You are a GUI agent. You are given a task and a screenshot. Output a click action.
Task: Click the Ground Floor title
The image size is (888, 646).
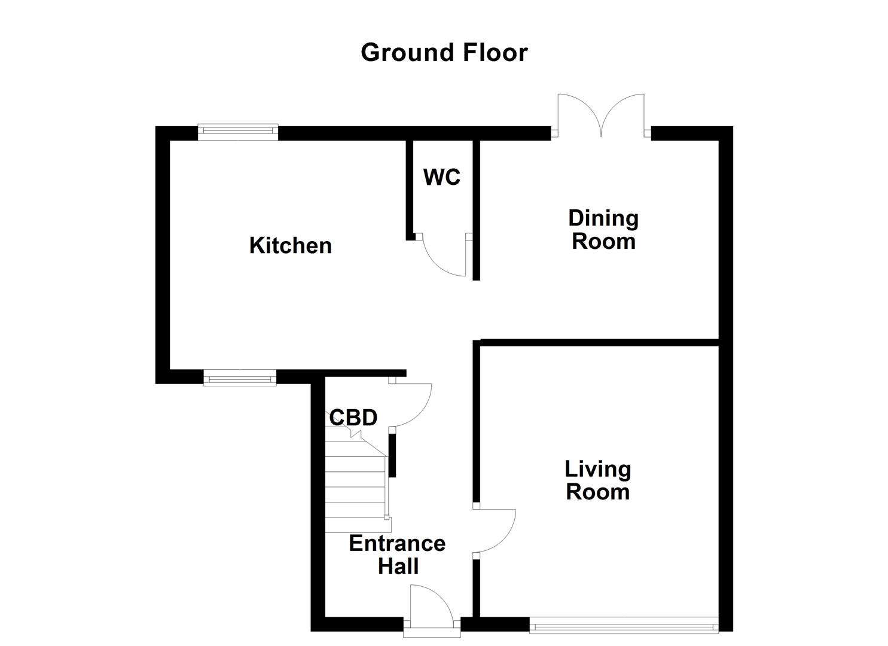(x=444, y=53)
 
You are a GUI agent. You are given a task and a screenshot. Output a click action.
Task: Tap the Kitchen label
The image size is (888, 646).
(x=290, y=246)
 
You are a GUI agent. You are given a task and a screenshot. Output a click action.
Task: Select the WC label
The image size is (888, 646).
(x=441, y=177)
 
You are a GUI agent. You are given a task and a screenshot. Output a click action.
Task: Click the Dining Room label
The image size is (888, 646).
(x=603, y=230)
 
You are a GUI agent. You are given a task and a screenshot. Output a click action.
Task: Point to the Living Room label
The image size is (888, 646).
(x=597, y=480)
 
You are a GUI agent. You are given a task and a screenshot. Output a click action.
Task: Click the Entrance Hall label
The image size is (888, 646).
(x=397, y=554)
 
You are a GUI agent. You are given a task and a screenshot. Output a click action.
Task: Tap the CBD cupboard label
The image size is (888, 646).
(x=353, y=417)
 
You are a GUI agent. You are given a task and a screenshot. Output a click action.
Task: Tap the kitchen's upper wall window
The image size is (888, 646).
(x=238, y=132)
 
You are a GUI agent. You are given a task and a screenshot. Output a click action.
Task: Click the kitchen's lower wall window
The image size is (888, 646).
(x=240, y=377)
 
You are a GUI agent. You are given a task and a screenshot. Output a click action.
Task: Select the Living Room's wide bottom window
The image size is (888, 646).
(x=623, y=626)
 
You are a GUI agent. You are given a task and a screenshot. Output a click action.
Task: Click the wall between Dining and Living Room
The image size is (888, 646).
(x=598, y=342)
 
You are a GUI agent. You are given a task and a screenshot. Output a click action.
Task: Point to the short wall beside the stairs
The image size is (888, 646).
(x=392, y=455)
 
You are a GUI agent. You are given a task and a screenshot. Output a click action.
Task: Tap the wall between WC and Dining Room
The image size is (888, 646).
(x=476, y=209)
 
